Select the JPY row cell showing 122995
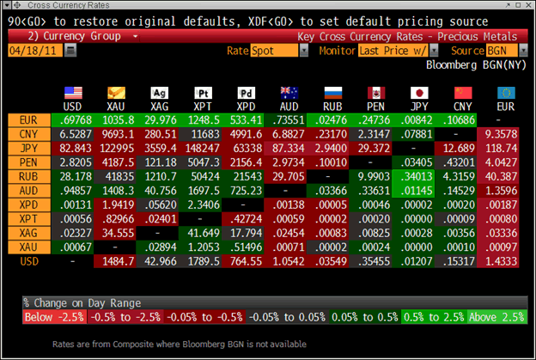tap(117, 149)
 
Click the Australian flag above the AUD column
tap(289, 92)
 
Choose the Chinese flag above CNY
tap(463, 92)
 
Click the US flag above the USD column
tap(72, 92)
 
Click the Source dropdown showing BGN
tap(495, 51)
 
